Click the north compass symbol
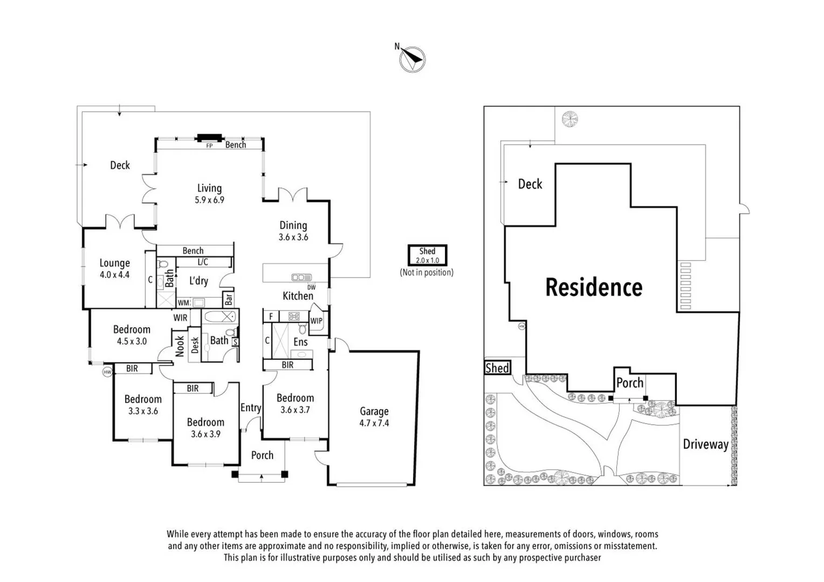pos(413,59)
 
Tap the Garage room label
pos(374,417)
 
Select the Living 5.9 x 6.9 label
pos(209,193)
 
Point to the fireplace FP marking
pos(209,145)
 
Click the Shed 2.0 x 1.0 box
pos(427,255)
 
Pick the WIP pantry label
pos(317,321)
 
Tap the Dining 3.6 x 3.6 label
pos(293,231)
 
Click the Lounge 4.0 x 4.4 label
pos(114,268)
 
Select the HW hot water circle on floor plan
pos(107,372)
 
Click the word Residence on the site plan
pos(594,287)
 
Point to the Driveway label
pos(705,445)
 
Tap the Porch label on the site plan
pos(630,383)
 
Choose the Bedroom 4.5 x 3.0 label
pos(132,335)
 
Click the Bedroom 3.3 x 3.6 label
pos(143,405)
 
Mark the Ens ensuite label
pos(300,342)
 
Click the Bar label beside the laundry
pos(229,299)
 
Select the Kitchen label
pos(298,296)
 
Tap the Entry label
pos(251,408)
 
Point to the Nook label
pos(180,346)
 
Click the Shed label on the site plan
pos(497,368)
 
